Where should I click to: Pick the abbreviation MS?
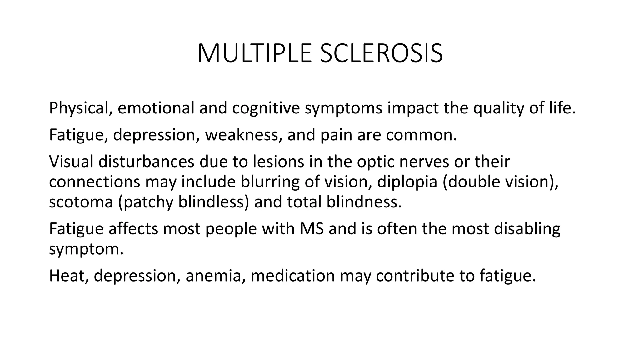312,229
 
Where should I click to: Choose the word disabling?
527,229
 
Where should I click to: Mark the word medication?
293,276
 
